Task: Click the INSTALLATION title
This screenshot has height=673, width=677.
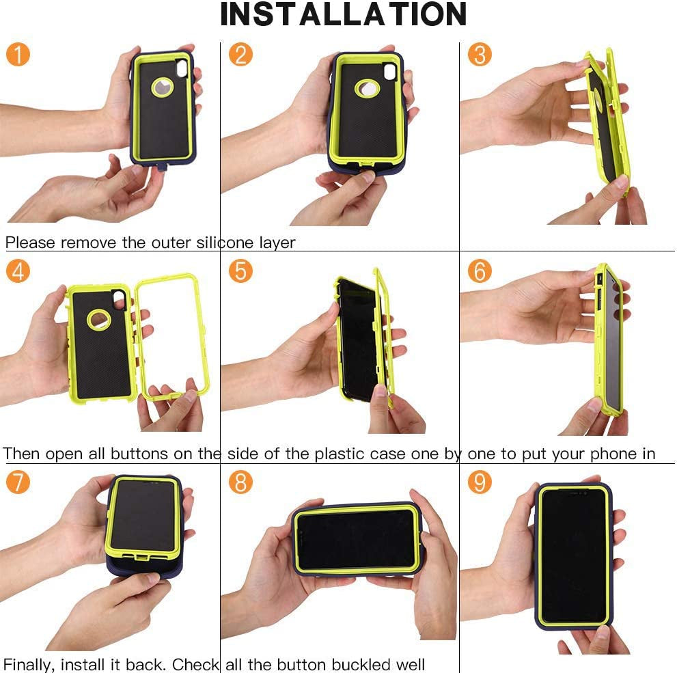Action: [344, 15]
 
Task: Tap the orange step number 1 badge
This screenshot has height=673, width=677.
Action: [18, 54]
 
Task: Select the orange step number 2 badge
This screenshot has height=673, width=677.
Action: [240, 54]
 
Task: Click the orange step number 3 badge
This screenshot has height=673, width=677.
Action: [480, 54]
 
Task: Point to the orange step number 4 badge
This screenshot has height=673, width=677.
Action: [18, 271]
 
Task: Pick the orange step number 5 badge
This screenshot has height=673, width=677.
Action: [240, 271]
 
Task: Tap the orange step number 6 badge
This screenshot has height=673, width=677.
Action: [480, 271]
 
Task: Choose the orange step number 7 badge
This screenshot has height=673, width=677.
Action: [18, 482]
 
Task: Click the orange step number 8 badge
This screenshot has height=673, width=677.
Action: [240, 482]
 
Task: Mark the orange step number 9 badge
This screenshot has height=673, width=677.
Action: [480, 482]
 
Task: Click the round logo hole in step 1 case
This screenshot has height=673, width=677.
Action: [163, 88]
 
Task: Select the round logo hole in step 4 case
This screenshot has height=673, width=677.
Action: [98, 318]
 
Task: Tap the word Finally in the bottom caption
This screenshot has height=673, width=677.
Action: [29, 664]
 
